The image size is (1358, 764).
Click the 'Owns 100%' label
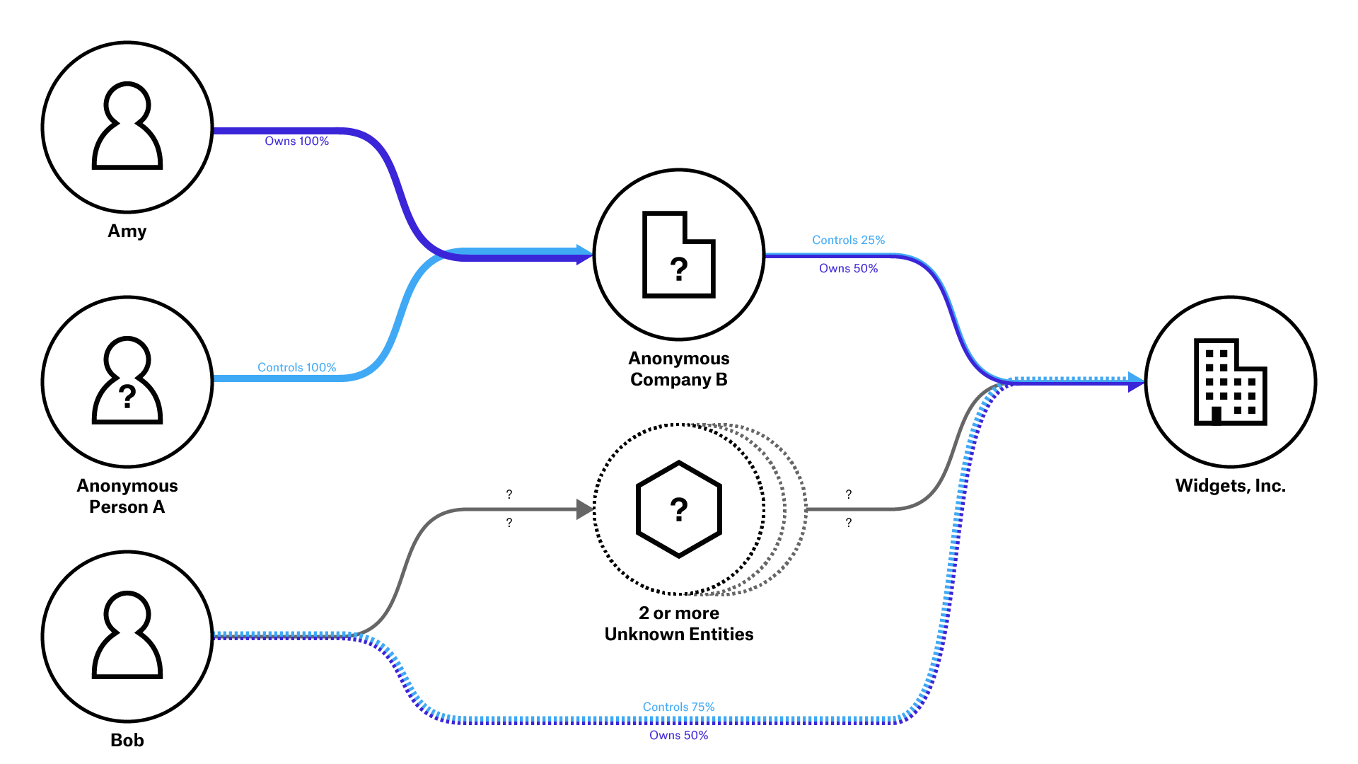(296, 141)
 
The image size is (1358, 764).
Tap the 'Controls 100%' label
(296, 368)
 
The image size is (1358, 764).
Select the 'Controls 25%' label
(848, 241)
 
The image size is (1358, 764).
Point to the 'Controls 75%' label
(678, 707)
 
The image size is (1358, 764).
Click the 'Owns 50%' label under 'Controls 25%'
(848, 269)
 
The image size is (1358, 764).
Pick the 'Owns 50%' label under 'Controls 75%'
(678, 736)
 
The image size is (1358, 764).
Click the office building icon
(1230, 382)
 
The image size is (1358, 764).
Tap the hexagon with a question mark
(679, 509)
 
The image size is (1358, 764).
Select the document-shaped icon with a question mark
(678, 255)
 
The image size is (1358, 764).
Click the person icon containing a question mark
(127, 382)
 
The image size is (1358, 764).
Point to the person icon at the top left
(127, 127)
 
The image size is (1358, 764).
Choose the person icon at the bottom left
(127, 637)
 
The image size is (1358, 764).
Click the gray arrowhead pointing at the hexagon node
(584, 509)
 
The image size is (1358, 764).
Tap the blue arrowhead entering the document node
(584, 255)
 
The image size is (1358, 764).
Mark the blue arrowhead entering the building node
(1136, 382)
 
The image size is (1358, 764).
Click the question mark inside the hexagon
(679, 509)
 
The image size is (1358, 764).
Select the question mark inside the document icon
(679, 269)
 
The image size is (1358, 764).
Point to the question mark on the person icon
(127, 396)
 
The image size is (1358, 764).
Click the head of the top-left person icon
(127, 103)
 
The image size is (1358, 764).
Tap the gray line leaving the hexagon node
(863, 509)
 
